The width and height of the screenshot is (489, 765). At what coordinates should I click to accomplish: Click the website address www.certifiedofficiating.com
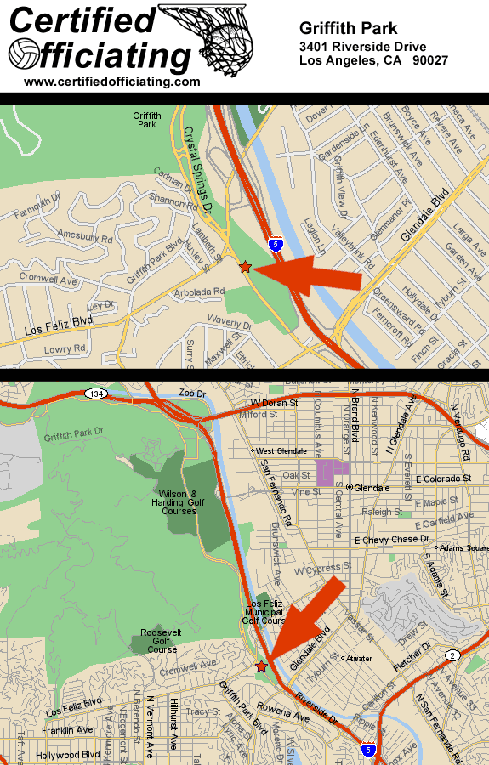pyautogui.click(x=112, y=82)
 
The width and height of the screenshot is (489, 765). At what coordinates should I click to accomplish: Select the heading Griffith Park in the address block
pyautogui.click(x=348, y=29)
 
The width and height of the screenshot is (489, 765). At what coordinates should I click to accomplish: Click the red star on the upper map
pyautogui.click(x=246, y=267)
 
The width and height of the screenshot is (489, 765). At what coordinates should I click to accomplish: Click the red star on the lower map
pyautogui.click(x=261, y=667)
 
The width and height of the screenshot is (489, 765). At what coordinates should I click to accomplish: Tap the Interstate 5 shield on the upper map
pyautogui.click(x=276, y=244)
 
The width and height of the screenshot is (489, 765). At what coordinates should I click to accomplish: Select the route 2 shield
pyautogui.click(x=452, y=654)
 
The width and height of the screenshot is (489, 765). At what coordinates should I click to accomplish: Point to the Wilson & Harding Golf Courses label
pyautogui.click(x=179, y=502)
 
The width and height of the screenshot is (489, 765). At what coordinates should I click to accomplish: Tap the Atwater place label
pyautogui.click(x=359, y=658)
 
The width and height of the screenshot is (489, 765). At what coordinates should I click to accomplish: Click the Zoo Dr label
pyautogui.click(x=193, y=394)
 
